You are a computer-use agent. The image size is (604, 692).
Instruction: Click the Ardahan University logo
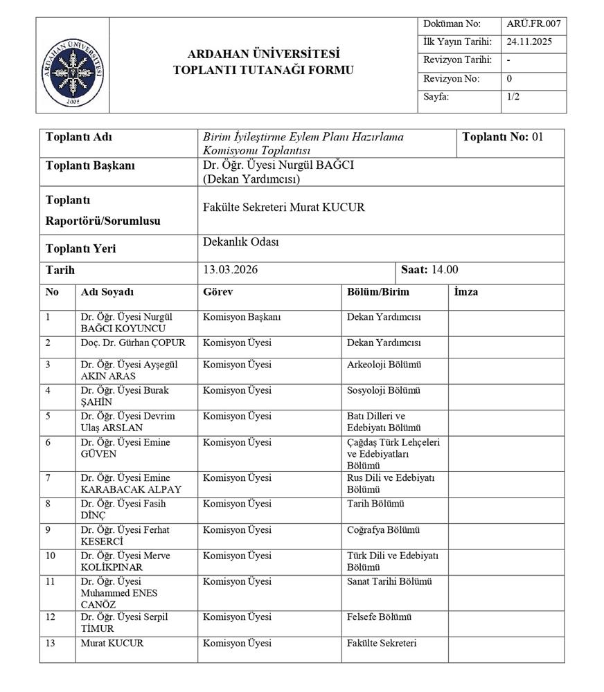click(x=73, y=72)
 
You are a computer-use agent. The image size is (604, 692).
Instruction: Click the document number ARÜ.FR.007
click(x=533, y=24)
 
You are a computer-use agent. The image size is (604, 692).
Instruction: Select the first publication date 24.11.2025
click(x=529, y=42)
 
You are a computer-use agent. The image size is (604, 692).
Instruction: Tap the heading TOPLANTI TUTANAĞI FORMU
click(x=263, y=70)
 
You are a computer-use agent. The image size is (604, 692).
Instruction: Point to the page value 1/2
click(x=513, y=97)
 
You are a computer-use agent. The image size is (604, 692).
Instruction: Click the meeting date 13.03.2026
click(x=230, y=270)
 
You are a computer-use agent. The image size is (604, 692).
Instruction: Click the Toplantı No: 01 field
click(x=502, y=137)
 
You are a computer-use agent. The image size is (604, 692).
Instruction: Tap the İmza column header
click(x=466, y=292)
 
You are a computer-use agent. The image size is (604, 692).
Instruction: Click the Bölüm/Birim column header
click(x=378, y=292)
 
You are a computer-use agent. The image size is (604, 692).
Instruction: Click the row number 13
click(x=50, y=644)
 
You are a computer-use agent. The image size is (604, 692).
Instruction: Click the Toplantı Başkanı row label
click(x=90, y=166)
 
